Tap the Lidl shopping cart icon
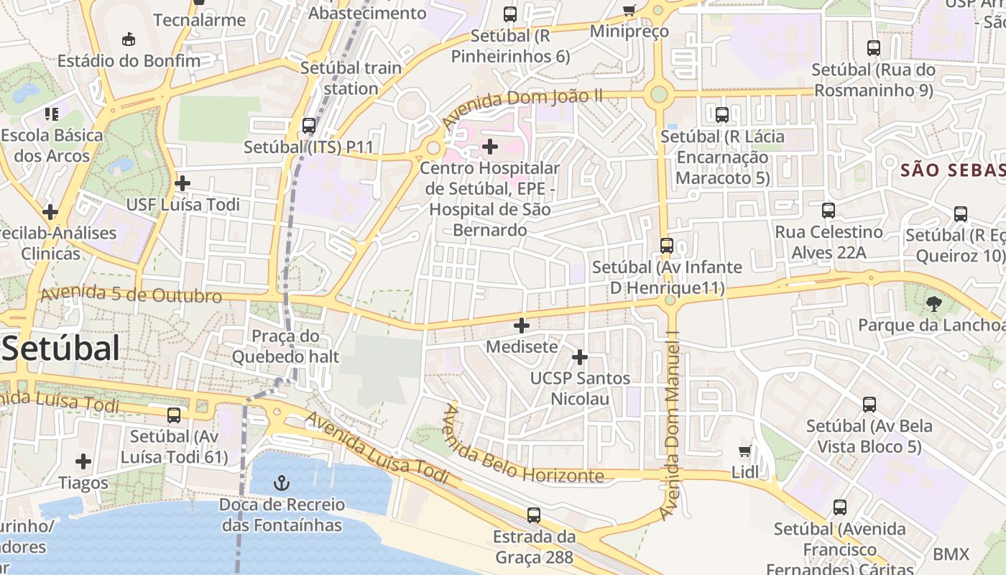[x=745, y=451]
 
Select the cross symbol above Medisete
[x=522, y=326]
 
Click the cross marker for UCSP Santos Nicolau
[x=580, y=357]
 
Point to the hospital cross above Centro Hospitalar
[x=490, y=147]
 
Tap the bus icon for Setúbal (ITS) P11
[x=309, y=126]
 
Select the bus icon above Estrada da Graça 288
[x=533, y=515]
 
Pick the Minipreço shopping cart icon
[x=629, y=10]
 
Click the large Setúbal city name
[x=60, y=349]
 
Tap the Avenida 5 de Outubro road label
[x=131, y=295]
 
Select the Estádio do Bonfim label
[x=129, y=60]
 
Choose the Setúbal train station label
[x=351, y=78]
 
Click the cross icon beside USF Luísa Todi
[x=183, y=183]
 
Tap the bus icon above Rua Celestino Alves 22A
[x=829, y=211]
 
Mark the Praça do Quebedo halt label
[x=285, y=346]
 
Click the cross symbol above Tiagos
[x=83, y=461]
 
